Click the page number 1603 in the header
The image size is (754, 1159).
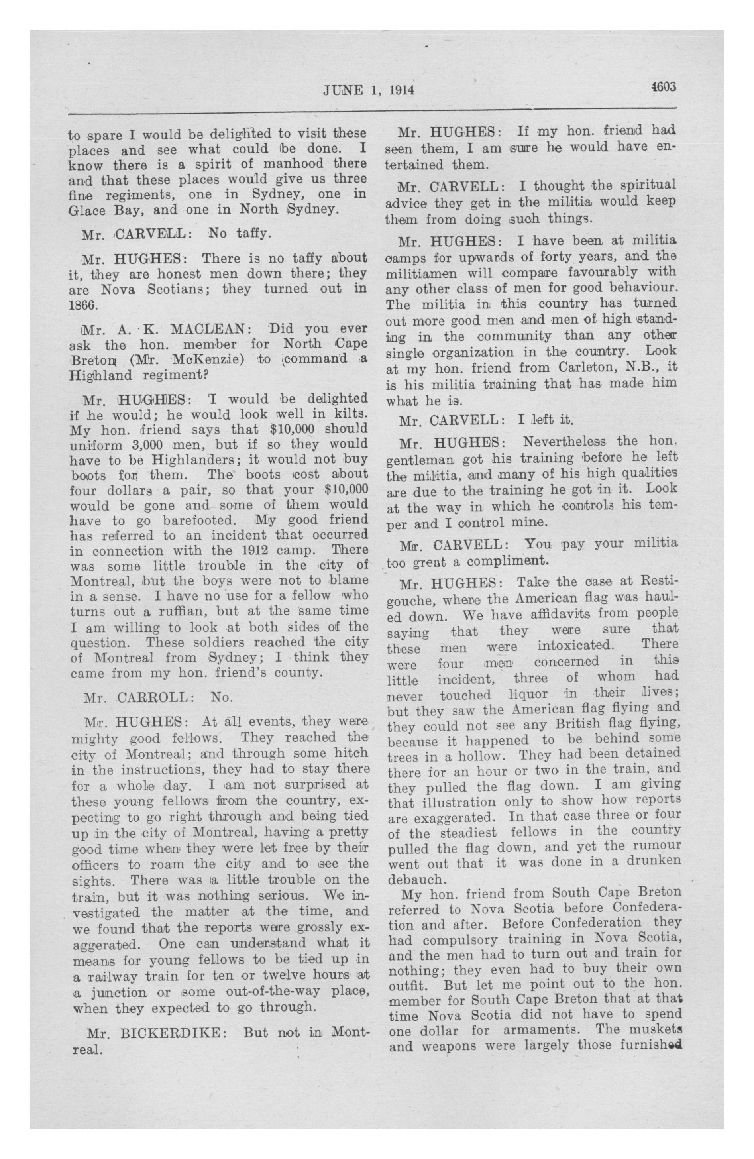point(664,86)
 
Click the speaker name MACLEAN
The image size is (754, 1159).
point(210,329)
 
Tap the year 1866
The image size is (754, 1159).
point(84,303)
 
